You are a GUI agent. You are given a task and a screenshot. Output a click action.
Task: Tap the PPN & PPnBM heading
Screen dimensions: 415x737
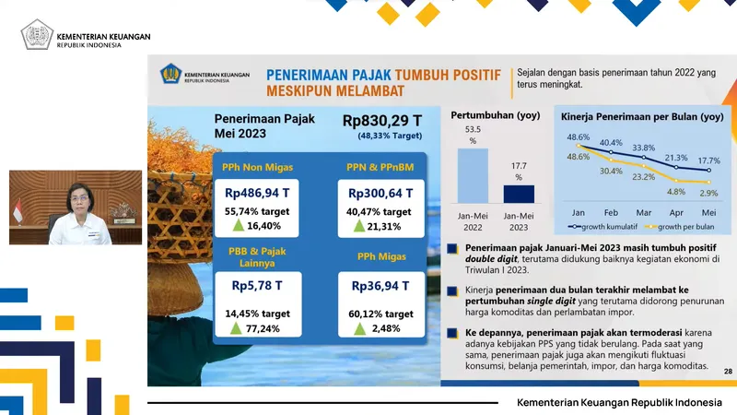pos(380,168)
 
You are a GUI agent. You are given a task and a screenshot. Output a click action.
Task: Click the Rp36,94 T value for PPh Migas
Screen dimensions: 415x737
pos(380,286)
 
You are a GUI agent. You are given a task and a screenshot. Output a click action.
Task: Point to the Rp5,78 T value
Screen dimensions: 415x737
pos(255,286)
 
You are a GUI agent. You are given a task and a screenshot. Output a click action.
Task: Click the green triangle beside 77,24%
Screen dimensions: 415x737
pos(238,327)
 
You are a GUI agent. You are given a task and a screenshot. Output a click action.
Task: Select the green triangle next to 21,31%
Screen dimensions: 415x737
pos(358,227)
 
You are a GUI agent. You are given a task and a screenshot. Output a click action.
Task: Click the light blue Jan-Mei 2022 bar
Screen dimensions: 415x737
pos(473,175)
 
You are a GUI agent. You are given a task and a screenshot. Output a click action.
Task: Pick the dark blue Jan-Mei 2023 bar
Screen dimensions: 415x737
pos(519,194)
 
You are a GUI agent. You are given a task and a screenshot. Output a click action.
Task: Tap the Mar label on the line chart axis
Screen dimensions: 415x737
pos(643,211)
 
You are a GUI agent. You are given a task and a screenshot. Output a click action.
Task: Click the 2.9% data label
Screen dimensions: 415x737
pos(708,194)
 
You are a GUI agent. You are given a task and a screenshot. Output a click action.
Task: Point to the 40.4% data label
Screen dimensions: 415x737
pos(611,143)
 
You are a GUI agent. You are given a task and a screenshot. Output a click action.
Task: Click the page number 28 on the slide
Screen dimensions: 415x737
pos(728,371)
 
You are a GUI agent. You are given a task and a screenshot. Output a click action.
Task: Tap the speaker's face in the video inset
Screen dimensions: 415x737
pos(75,197)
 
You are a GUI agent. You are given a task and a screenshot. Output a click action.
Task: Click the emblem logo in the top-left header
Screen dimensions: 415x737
pos(36,35)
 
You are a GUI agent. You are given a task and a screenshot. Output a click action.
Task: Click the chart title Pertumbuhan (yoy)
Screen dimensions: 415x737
pos(495,116)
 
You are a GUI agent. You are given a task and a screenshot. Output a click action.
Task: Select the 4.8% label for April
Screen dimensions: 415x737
pos(675,192)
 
